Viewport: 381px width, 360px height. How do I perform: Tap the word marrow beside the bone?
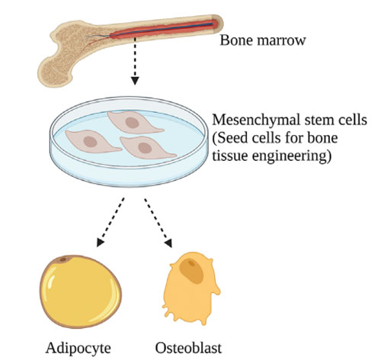pyautogui.click(x=281, y=41)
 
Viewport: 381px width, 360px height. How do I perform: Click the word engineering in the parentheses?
pyautogui.click(x=292, y=156)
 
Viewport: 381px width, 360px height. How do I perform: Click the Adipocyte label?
pyautogui.click(x=78, y=349)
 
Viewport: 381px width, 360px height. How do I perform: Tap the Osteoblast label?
pyautogui.click(x=188, y=348)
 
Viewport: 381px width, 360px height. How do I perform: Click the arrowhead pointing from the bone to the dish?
pyautogui.click(x=135, y=81)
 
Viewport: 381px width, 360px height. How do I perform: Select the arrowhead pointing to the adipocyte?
pyautogui.click(x=100, y=243)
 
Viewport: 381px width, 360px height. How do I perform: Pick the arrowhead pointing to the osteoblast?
pyautogui.click(x=168, y=243)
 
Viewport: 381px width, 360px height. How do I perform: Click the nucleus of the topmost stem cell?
pyautogui.click(x=133, y=123)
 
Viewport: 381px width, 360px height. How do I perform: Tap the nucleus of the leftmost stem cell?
pyautogui.click(x=91, y=142)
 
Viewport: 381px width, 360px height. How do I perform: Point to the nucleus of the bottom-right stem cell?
pyautogui.click(x=144, y=148)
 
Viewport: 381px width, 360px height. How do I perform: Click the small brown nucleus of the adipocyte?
pyautogui.click(x=62, y=259)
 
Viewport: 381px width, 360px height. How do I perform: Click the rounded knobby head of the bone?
pyautogui.click(x=55, y=72)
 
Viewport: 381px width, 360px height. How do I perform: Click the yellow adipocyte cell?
pyautogui.click(x=81, y=291)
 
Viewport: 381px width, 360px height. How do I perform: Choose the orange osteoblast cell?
pyautogui.click(x=191, y=288)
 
